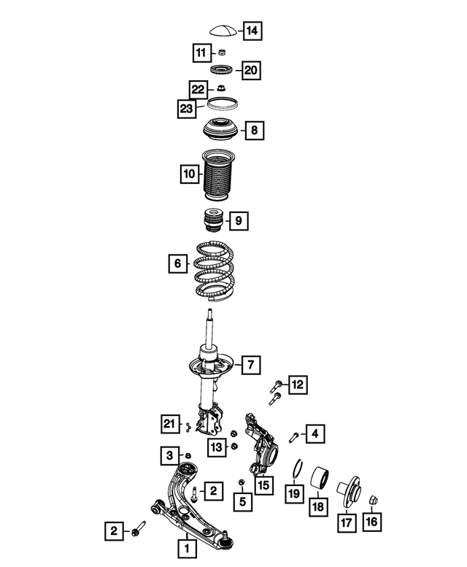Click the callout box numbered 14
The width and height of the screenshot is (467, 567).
(x=252, y=31)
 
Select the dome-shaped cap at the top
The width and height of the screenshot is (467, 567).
(x=224, y=31)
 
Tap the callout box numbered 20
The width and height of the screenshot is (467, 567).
(x=251, y=70)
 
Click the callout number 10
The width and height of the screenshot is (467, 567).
(x=189, y=174)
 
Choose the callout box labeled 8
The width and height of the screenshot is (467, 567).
(x=254, y=131)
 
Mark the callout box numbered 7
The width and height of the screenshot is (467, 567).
(x=249, y=363)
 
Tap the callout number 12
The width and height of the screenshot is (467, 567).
(x=297, y=384)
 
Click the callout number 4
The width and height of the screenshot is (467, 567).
(x=314, y=435)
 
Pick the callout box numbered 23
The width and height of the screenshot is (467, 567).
(x=187, y=109)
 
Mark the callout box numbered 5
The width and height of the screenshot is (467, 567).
(x=242, y=501)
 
